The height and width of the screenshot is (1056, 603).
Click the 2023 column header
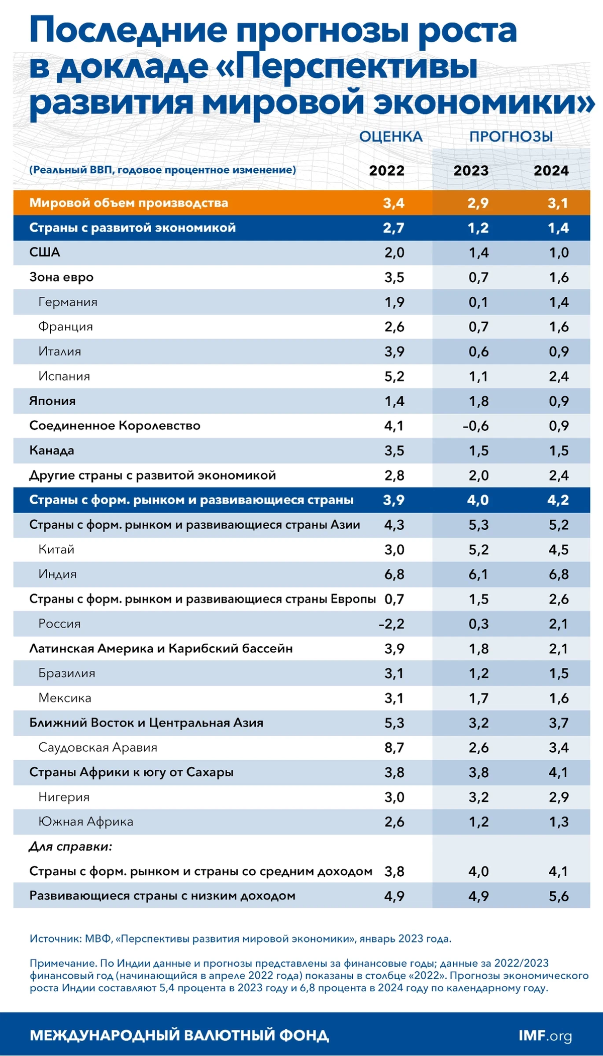coord(471,171)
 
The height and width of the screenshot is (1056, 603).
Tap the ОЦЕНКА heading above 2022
coord(390,137)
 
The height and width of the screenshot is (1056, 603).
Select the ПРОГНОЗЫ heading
coord(511,137)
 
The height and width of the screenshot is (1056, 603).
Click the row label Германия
coord(68,302)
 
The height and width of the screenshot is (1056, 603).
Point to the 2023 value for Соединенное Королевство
coord(475,426)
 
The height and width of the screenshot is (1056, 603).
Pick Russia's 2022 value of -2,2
coord(391,624)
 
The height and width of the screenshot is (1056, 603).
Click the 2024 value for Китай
coord(558,549)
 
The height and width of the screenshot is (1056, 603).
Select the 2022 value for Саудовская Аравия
coord(394,747)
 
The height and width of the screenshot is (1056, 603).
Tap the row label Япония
coord(52,401)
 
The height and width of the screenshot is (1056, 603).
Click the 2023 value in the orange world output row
coord(477,203)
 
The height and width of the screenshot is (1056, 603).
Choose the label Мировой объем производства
coord(129,203)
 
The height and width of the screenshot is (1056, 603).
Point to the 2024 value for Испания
coord(558,377)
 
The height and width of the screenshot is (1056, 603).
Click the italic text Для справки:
coord(70,847)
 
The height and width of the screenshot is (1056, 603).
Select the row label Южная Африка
coord(86,822)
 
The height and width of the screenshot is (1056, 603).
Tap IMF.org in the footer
coord(545,1035)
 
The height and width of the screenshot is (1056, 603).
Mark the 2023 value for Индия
coord(478,574)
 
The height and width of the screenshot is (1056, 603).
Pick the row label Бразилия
coord(67,673)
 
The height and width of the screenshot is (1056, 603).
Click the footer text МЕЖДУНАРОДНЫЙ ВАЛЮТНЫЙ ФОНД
coord(179,1035)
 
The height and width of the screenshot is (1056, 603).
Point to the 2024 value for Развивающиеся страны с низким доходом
coord(558,896)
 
